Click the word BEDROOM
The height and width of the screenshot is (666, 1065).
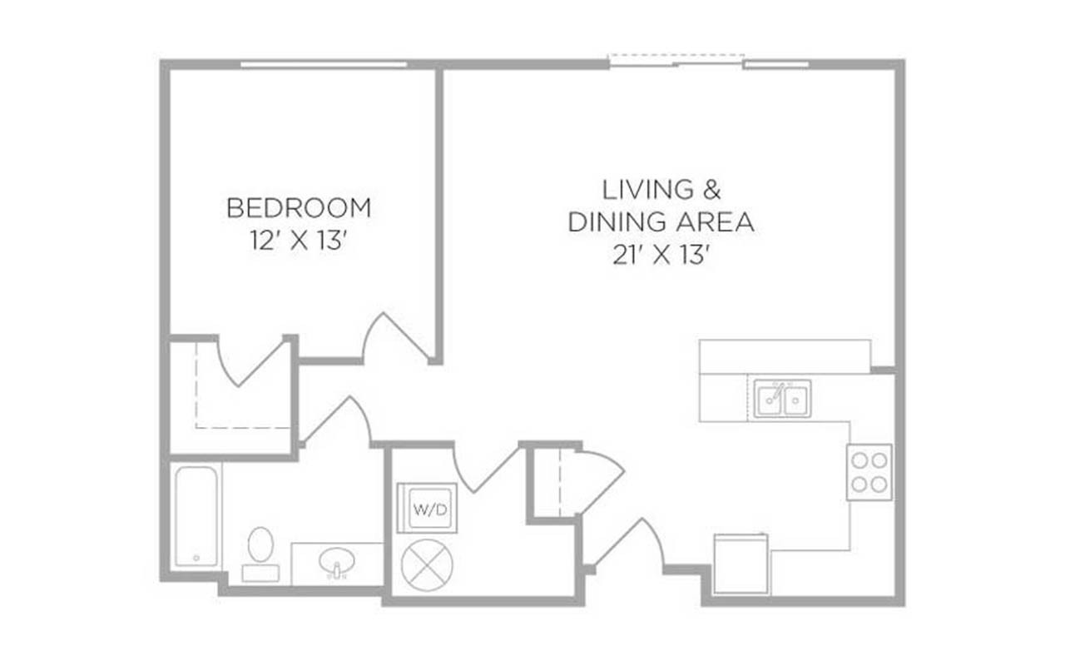298,207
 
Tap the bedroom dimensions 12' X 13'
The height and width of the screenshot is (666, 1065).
298,241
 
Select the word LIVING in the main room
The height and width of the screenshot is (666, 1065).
637,190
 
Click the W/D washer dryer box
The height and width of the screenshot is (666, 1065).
426,509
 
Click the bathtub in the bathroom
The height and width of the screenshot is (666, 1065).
196,516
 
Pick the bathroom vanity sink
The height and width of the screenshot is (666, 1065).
337,564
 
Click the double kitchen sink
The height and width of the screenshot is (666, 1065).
782,399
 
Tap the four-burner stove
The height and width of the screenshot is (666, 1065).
869,472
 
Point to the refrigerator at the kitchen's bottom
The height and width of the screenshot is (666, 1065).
741,564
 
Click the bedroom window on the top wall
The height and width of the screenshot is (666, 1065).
324,64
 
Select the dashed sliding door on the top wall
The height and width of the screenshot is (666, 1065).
676,60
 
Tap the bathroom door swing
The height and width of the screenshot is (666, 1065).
337,420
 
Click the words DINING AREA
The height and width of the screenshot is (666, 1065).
661,223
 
